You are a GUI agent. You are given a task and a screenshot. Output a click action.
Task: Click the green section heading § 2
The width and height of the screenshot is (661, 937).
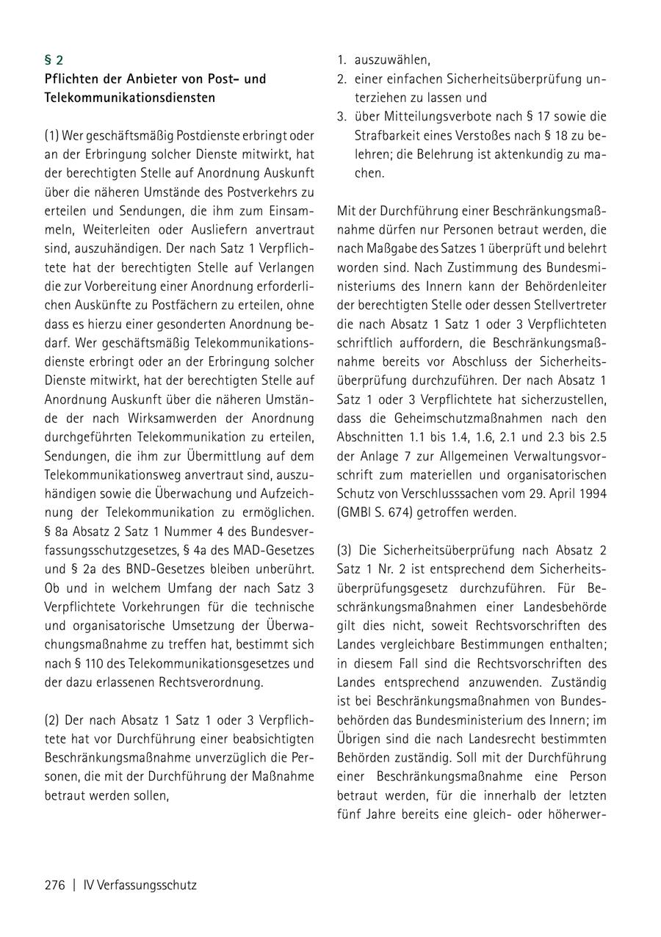tap(54, 60)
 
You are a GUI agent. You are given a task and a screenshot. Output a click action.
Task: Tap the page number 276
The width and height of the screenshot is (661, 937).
tap(55, 885)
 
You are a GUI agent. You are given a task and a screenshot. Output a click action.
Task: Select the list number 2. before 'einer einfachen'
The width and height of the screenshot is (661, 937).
tap(342, 79)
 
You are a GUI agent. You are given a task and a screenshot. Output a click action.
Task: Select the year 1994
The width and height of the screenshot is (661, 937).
tap(592, 493)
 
